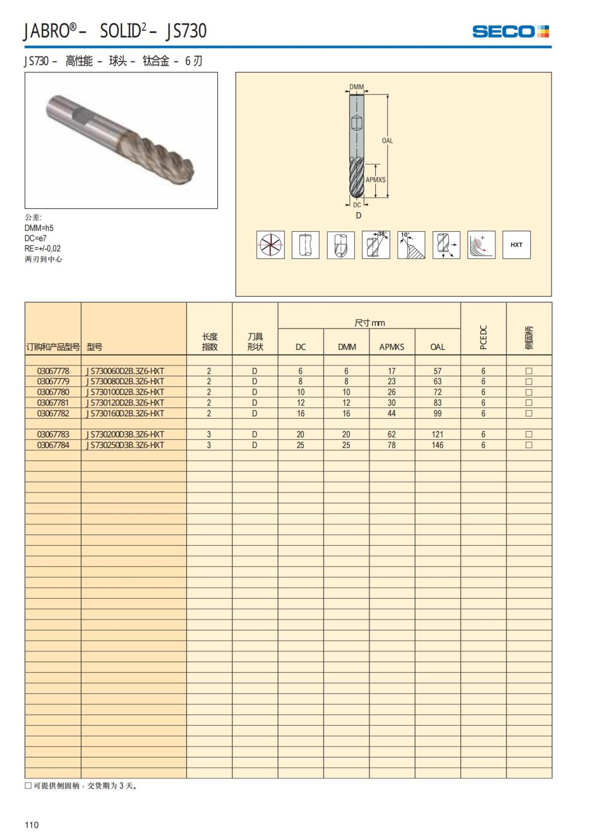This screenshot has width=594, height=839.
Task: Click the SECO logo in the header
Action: [510, 32]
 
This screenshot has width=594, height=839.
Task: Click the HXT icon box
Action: [516, 245]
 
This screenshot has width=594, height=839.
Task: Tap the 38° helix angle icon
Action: [376, 245]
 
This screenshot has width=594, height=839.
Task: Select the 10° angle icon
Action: [411, 245]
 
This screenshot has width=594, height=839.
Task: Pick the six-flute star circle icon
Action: [270, 245]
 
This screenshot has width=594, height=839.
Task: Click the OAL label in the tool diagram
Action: [387, 141]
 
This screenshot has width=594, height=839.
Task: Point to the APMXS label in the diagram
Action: [375, 180]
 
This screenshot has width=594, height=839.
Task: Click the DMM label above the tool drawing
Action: [356, 87]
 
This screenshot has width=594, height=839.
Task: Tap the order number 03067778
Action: [53, 371]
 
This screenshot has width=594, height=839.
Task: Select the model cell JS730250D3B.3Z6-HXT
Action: [126, 445]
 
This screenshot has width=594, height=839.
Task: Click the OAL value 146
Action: [438, 445]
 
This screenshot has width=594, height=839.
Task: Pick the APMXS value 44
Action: [392, 413]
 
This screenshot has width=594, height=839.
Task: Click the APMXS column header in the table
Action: [392, 347]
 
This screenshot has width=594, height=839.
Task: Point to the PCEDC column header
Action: [484, 337]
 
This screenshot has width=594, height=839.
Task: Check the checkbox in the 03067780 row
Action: [529, 392]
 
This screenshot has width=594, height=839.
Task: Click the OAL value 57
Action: [438, 371]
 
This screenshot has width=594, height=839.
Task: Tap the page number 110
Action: [32, 825]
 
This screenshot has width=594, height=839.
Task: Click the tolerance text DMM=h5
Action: [39, 228]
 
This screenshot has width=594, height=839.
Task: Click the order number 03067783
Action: [53, 435]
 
